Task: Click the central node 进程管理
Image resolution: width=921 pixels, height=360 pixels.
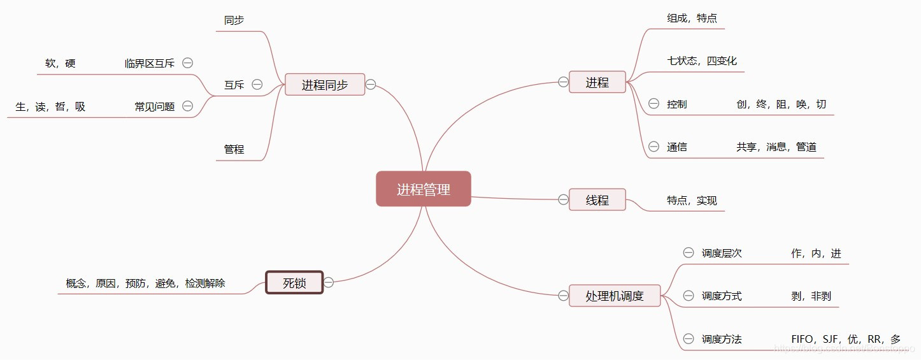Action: tap(424, 189)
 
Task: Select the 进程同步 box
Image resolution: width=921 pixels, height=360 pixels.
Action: tap(325, 85)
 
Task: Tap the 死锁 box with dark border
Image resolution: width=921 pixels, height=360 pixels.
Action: tap(294, 283)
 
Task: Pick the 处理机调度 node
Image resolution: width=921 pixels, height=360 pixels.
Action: tap(615, 296)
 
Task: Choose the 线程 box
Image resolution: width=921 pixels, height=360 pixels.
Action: tap(597, 200)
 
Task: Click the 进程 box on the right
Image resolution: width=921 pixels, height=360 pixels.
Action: tap(597, 82)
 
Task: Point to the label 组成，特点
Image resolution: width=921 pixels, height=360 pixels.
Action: tap(692, 18)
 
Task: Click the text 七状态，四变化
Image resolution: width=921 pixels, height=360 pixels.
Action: tap(702, 61)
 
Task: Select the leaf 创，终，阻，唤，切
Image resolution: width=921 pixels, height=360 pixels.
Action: tap(781, 104)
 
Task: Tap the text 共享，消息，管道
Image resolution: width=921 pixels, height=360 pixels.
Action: tap(776, 147)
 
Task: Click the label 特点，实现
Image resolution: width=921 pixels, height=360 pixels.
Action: tap(692, 201)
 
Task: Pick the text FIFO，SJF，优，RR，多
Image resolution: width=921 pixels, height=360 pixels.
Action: tap(846, 340)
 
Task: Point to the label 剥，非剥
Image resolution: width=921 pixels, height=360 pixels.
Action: tap(811, 296)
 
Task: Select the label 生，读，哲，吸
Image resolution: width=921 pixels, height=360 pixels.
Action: tap(50, 107)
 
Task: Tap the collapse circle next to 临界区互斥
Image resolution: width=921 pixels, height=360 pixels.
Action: tap(187, 63)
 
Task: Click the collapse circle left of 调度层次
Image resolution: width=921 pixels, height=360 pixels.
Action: tap(689, 253)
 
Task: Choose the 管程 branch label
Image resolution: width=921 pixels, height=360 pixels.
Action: tap(234, 150)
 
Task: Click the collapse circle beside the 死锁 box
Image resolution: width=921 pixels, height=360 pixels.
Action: tap(329, 282)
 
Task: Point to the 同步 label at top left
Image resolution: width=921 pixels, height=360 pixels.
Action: tap(234, 20)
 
